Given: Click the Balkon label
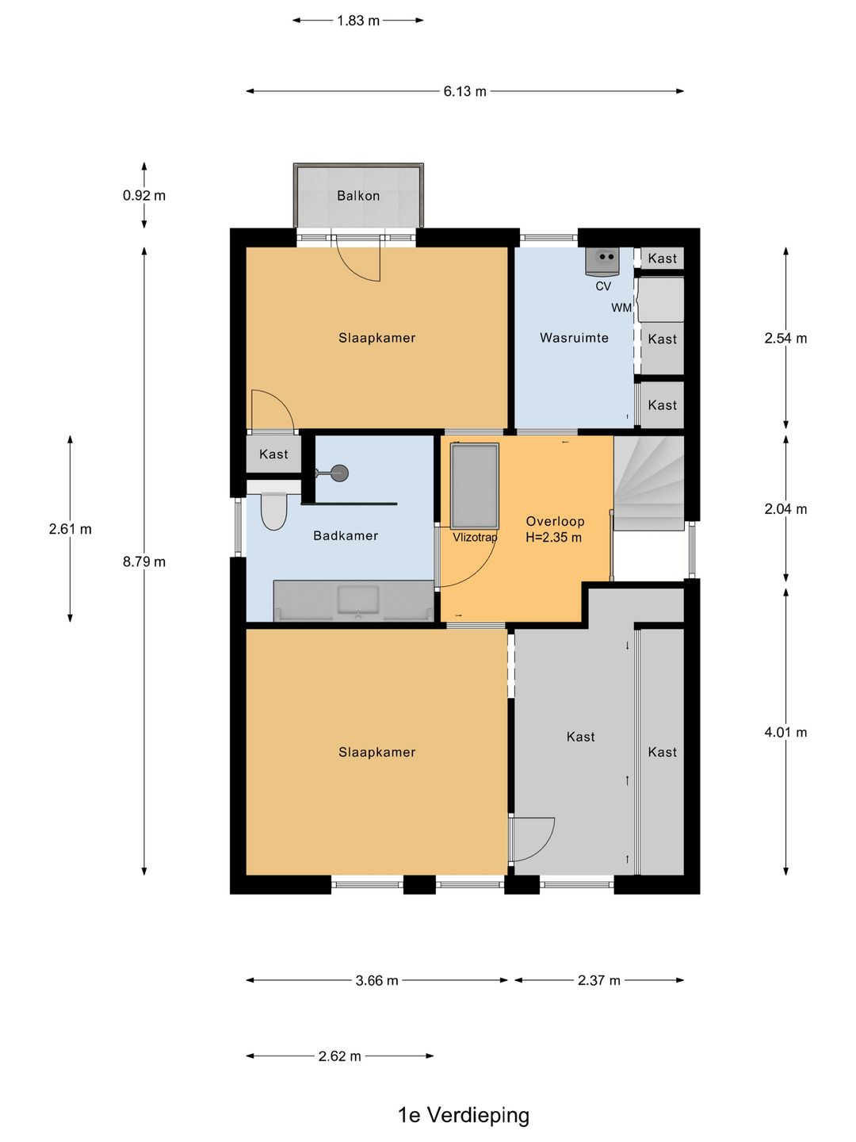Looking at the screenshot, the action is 358,196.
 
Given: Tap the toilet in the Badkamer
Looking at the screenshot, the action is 273,512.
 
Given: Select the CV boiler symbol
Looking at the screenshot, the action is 602,261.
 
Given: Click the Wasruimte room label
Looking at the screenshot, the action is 574,338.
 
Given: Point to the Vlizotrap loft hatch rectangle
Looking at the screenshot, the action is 475,486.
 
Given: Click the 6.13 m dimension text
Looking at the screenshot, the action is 464,91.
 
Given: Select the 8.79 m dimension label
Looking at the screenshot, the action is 144,561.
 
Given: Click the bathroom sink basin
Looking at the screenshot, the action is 358,601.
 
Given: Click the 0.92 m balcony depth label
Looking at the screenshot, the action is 144,196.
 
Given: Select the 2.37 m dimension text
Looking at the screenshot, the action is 598,981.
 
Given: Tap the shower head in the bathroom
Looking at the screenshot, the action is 338,473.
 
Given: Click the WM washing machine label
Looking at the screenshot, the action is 621,308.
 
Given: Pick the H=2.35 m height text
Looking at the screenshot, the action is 553,538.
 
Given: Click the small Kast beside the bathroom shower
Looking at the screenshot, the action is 273,454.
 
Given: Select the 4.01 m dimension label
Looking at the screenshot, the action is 785,733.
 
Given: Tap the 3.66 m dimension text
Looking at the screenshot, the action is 376,981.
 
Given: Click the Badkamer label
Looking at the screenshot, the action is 346,535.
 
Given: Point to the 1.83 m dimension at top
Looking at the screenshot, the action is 358,21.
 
